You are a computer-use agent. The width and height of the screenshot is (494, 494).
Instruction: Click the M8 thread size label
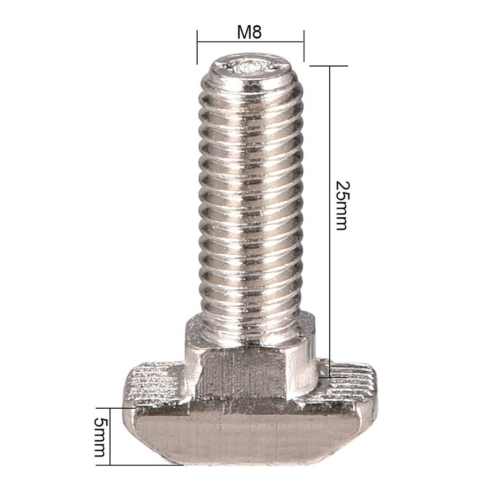[249, 32]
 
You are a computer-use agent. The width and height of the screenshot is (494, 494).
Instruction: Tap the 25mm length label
[341, 206]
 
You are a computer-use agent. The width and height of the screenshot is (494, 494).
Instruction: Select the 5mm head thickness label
[98, 436]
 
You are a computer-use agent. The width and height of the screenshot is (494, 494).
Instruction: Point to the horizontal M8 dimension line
[250, 42]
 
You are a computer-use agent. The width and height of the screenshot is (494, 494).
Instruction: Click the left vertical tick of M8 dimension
[197, 46]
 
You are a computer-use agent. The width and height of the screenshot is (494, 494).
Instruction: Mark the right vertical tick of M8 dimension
[303, 46]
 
